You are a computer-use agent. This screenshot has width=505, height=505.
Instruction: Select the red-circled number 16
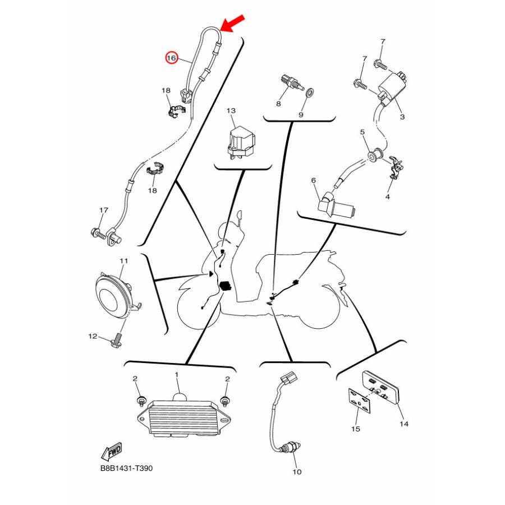171,58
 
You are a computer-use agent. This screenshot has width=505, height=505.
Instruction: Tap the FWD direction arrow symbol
112,451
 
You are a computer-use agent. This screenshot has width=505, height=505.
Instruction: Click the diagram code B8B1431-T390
127,468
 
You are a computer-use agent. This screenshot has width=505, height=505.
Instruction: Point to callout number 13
231,111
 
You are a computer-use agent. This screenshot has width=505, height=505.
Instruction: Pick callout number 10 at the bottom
297,472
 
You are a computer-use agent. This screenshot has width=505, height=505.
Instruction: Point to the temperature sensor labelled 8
292,82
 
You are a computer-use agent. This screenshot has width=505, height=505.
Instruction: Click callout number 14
404,424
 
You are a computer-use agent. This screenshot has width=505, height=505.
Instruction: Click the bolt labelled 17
99,233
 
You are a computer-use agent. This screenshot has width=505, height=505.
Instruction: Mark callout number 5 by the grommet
362,132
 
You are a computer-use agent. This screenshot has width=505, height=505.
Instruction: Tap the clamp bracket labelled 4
396,167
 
